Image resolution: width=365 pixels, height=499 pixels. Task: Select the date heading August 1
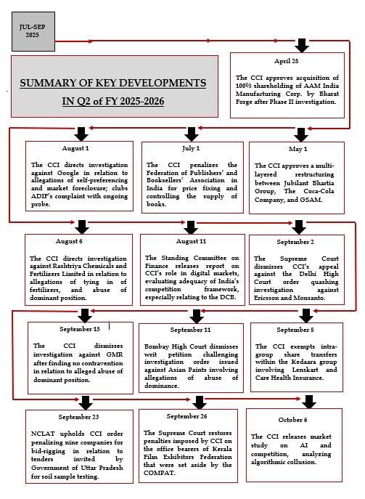pos(75,147)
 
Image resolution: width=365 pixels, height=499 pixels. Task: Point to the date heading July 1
pos(191,147)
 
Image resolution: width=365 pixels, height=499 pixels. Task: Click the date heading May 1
pos(298,149)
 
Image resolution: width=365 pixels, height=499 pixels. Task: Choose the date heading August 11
pos(191,240)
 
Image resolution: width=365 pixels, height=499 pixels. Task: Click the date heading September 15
pos(80,329)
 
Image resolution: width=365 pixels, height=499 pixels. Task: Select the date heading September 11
pos(191,330)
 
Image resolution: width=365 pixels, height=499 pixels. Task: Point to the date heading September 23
pos(79,417)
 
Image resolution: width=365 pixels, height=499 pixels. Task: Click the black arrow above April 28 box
pos(301,46)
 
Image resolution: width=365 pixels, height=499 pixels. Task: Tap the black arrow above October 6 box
pos(310,402)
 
